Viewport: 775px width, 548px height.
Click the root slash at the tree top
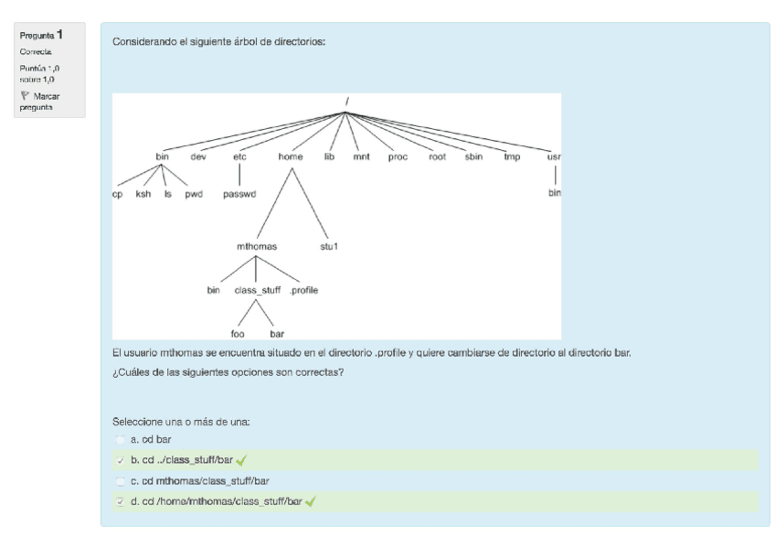click(346, 101)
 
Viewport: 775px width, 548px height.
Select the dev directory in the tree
click(198, 156)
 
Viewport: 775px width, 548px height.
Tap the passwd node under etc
click(239, 194)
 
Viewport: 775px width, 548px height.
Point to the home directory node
click(291, 156)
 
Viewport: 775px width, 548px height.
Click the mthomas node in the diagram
click(256, 246)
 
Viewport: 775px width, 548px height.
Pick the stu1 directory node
click(329, 246)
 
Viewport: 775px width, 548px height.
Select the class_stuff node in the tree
click(258, 290)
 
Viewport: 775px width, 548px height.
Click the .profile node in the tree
click(304, 290)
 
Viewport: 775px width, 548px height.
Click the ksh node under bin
click(143, 194)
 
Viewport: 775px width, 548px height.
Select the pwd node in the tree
click(192, 194)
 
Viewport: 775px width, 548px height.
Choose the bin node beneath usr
click(555, 194)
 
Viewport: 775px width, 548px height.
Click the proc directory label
click(398, 156)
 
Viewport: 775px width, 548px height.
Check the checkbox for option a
click(122, 440)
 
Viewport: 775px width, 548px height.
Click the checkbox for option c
click(122, 480)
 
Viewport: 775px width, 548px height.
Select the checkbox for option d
click(122, 501)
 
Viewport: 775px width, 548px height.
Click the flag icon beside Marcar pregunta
click(24, 95)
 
